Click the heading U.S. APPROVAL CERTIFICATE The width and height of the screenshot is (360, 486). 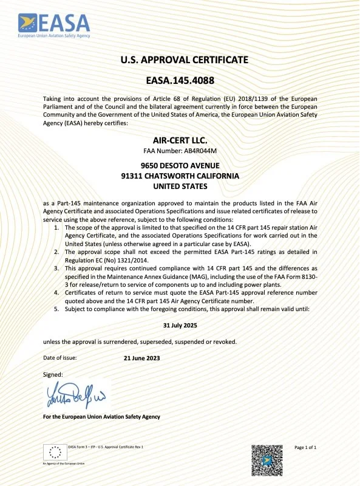pyautogui.click(x=180, y=60)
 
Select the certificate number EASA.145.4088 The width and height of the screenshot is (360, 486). pyautogui.click(x=180, y=80)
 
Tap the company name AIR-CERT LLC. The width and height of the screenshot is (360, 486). pyautogui.click(x=180, y=140)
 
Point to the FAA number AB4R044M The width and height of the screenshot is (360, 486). pyautogui.click(x=180, y=151)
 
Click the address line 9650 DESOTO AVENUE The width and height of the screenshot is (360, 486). pyautogui.click(x=180, y=165)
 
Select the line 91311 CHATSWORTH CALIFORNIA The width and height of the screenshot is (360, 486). pyautogui.click(x=180, y=176)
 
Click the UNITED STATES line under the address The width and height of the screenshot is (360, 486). pyautogui.click(x=180, y=186)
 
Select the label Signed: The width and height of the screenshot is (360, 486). pyautogui.click(x=53, y=375)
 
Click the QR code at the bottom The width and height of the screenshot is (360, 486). pyautogui.click(x=267, y=460)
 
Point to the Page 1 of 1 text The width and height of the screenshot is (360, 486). pyautogui.click(x=305, y=447)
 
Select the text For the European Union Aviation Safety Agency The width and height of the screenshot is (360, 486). pyautogui.click(x=101, y=417)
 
